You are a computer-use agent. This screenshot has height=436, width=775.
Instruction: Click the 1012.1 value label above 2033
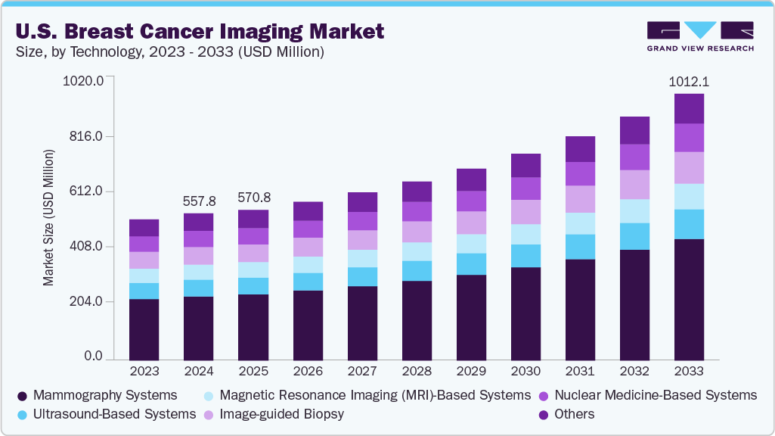[689, 81]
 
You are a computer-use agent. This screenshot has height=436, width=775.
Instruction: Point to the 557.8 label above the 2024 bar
[199, 201]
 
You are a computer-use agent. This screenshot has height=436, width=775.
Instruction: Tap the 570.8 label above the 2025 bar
[253, 198]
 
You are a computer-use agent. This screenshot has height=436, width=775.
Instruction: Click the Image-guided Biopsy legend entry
[281, 414]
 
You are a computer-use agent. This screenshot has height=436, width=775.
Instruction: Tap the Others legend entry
[574, 414]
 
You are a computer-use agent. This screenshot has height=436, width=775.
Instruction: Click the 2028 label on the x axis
[417, 372]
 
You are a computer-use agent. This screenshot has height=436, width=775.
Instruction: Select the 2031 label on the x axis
[580, 372]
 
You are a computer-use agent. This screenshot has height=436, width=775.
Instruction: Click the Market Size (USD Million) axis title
[48, 218]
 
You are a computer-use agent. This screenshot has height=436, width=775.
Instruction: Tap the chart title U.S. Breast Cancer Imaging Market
[199, 32]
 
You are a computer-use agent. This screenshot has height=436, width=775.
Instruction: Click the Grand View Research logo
[700, 36]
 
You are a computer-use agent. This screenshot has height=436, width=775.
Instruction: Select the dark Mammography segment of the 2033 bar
[689, 299]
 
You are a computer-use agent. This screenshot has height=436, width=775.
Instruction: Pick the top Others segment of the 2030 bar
[525, 165]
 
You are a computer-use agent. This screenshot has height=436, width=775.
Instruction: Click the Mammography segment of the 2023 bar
[144, 329]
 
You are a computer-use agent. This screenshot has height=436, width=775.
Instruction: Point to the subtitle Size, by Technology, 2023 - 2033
[169, 52]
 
